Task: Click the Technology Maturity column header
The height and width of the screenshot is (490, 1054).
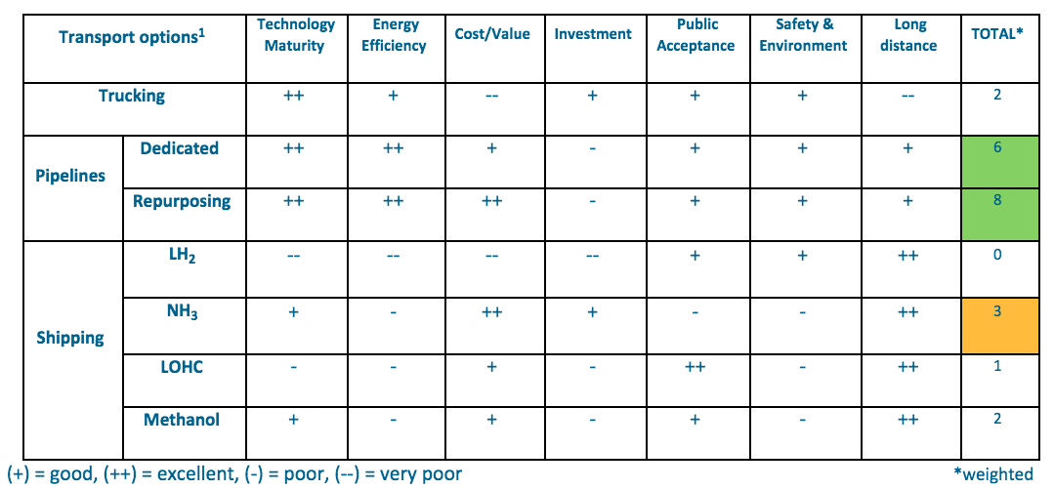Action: point(295,34)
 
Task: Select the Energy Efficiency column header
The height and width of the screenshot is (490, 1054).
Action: point(394,34)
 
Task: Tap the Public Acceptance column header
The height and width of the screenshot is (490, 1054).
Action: point(696,34)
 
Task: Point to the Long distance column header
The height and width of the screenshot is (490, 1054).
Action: point(909,34)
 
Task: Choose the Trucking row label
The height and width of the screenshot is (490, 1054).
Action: point(132,96)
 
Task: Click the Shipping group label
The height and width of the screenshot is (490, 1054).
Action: point(70,338)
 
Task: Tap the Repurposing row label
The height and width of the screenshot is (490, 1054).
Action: point(183,201)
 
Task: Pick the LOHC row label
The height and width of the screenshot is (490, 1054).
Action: point(183,367)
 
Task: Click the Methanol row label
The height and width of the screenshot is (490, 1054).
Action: point(183,420)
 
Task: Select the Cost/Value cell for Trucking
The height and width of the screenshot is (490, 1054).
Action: point(492,97)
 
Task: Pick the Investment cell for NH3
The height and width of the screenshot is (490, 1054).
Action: point(593,312)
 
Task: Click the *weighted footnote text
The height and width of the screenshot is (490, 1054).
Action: point(991,473)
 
